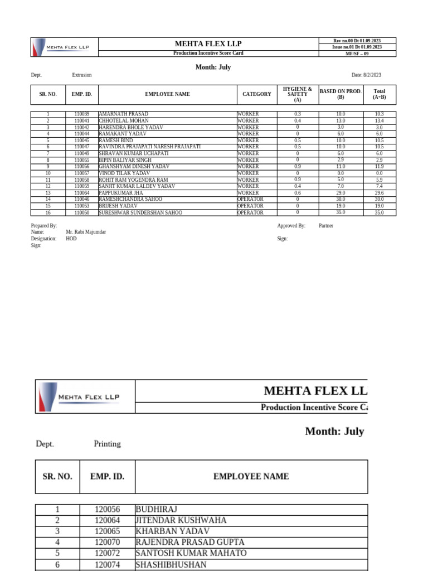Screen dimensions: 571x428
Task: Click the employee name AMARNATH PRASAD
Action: pos(123,114)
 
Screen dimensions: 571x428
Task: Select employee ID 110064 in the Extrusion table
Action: pos(82,193)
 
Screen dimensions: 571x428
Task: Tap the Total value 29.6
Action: pos(379,193)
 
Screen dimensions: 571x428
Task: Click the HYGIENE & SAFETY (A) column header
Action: pos(298,95)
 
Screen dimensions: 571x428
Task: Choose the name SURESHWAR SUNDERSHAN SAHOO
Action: pos(140,212)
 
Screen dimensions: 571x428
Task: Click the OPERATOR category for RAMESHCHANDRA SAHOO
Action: pos(250,200)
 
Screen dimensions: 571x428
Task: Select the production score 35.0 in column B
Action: pos(341,212)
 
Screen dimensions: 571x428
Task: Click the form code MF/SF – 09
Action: pos(357,54)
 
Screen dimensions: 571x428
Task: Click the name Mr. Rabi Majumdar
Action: pos(86,232)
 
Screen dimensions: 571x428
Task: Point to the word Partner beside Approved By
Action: pos(326,226)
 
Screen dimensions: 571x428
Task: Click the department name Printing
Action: pos(107,444)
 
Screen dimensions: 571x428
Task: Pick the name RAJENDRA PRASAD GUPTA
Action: pos(190,542)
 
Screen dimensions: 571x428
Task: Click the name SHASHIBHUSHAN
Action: pos(171,564)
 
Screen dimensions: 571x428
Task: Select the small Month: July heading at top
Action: pos(213,67)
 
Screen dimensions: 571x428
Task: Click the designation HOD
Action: pos(71,239)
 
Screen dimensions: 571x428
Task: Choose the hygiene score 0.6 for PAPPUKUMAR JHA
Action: pos(298,193)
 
